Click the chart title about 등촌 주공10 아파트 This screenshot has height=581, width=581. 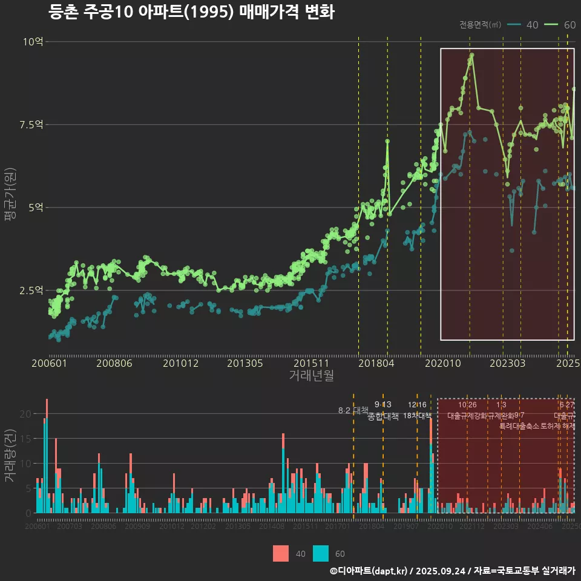[191, 12]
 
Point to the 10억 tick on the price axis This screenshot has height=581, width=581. [33, 42]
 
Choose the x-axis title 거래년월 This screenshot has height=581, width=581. [311, 376]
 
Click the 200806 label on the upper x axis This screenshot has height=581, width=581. [114, 364]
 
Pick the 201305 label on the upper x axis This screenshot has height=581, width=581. [245, 364]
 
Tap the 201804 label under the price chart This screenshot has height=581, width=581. [376, 364]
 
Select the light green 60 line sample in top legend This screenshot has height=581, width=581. [551, 24]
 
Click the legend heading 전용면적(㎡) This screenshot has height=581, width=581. [480, 25]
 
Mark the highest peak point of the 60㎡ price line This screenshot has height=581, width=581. [471, 55]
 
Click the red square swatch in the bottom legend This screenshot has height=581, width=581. [281, 553]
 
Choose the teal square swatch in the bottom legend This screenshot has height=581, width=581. [321, 553]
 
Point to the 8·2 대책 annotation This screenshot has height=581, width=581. [353, 410]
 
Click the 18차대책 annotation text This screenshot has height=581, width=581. [417, 416]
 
